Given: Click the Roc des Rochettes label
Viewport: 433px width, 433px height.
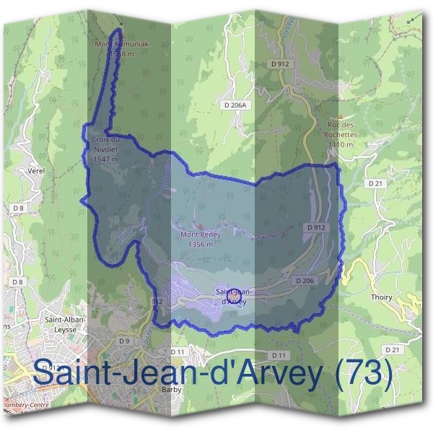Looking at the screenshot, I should click(x=342, y=130).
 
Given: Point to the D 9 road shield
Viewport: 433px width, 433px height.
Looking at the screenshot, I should click(x=124, y=341).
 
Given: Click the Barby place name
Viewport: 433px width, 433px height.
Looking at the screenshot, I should click(x=171, y=390).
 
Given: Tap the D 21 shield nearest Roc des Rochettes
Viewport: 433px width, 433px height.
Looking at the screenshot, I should click(x=375, y=184).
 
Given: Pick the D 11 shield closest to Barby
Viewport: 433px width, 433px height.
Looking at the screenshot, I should click(x=178, y=352).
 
